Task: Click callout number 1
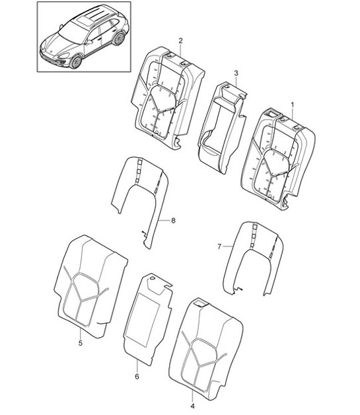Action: [x=292, y=105]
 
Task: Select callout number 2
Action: [x=180, y=41]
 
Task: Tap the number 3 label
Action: [x=236, y=73]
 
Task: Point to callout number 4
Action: [x=192, y=406]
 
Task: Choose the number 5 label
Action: [x=81, y=343]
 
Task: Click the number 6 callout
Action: [x=137, y=376]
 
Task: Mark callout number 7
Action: [x=219, y=246]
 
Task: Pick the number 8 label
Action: [x=173, y=221]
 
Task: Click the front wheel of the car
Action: [x=76, y=62]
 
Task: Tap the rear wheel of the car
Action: [x=120, y=38]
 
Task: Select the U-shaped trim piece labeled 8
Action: [x=140, y=196]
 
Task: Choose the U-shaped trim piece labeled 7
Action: [x=253, y=258]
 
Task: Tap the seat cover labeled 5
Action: [x=90, y=287]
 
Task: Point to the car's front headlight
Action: [x=63, y=56]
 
